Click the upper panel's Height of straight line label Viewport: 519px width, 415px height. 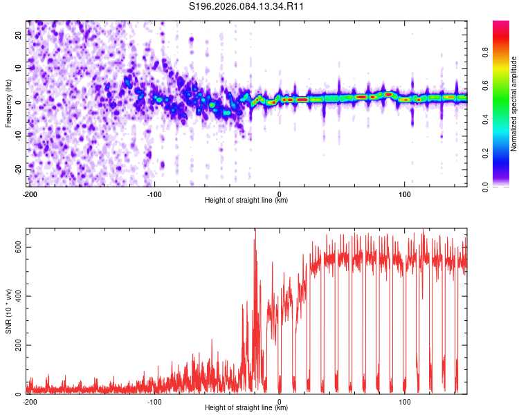pos(246,201)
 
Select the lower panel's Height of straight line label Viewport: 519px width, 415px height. pos(246,408)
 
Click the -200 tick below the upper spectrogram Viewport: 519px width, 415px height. pos(30,194)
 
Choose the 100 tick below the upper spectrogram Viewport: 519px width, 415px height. pos(405,194)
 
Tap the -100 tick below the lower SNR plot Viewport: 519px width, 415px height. pos(154,401)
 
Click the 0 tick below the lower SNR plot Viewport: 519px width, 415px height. pos(280,401)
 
